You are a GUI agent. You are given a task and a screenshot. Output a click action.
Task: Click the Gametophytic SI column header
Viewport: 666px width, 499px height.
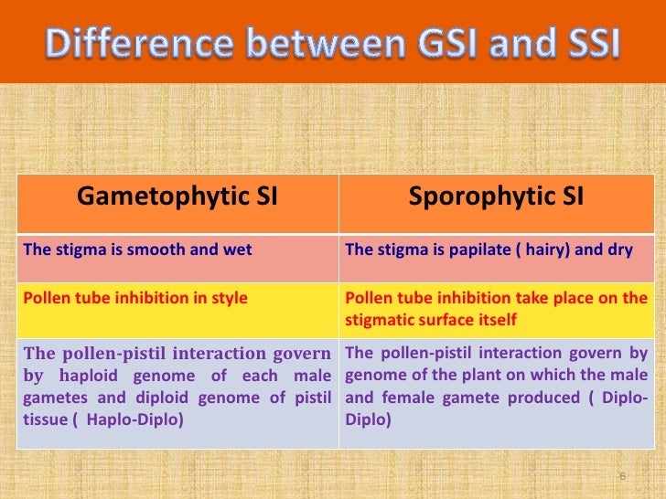(x=179, y=196)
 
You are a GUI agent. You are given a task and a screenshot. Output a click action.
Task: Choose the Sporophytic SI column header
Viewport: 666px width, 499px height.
(x=495, y=196)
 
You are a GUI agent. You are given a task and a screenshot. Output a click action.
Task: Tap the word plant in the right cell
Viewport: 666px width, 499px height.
(x=480, y=377)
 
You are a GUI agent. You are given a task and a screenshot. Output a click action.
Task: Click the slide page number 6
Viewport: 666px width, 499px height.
(x=623, y=477)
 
